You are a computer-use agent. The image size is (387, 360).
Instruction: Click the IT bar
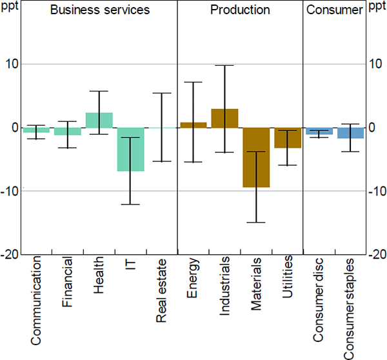pyautogui.click(x=130, y=149)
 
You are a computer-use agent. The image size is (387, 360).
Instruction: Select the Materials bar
pyautogui.click(x=256, y=157)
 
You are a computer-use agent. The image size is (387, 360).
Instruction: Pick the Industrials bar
pyautogui.click(x=224, y=118)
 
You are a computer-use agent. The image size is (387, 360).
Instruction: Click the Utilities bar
pyautogui.click(x=288, y=138)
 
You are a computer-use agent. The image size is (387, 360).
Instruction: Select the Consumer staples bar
pyautogui.click(x=350, y=133)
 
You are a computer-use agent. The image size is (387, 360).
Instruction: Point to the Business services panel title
pyautogui.click(x=100, y=11)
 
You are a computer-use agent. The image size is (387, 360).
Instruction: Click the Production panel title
pyautogui.click(x=240, y=11)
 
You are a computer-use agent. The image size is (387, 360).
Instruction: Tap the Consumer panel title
pyautogui.click(x=334, y=11)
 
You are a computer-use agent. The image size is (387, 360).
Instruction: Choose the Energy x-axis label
pyautogui.click(x=193, y=281)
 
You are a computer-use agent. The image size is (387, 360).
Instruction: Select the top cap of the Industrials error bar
pyautogui.click(x=224, y=65)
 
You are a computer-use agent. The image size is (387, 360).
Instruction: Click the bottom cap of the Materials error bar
pyautogui.click(x=256, y=223)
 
